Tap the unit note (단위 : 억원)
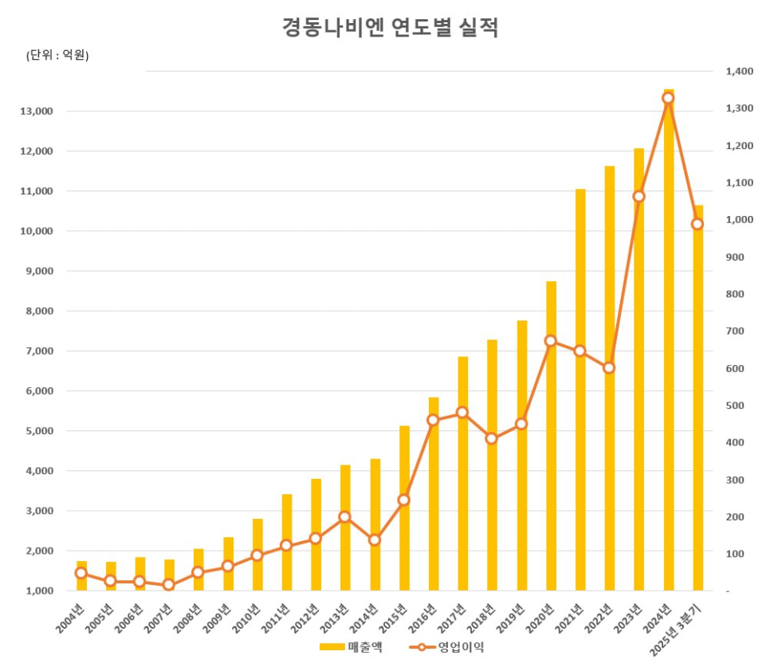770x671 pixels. pyautogui.click(x=57, y=55)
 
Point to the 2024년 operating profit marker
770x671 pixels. pyautogui.click(x=668, y=98)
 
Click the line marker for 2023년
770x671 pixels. pyautogui.click(x=638, y=196)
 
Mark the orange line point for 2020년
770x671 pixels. pyautogui.click(x=551, y=341)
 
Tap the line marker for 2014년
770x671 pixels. pyautogui.click(x=375, y=540)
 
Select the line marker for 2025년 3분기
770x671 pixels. pyautogui.click(x=697, y=224)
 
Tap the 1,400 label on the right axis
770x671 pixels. pyautogui.click(x=739, y=72)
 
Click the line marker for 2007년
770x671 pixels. pyautogui.click(x=169, y=585)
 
